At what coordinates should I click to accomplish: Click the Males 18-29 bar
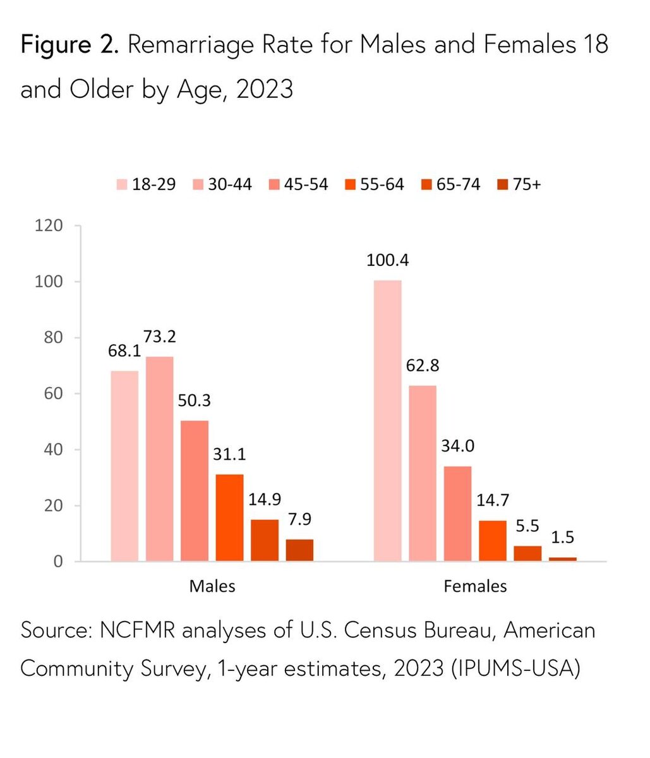click(x=124, y=466)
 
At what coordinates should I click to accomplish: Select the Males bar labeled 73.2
click(x=159, y=459)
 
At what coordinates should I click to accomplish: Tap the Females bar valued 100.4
click(x=387, y=420)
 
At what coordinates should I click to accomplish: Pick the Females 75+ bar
click(x=563, y=559)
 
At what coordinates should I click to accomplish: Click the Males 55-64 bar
click(x=229, y=517)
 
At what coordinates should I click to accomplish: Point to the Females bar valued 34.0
click(x=457, y=513)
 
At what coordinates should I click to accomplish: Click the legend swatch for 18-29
click(x=121, y=184)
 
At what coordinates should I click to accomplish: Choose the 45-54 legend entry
click(x=298, y=184)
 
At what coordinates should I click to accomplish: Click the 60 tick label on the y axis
click(x=54, y=394)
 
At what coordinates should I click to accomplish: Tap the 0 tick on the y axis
click(x=58, y=562)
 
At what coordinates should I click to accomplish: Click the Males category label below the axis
click(x=212, y=586)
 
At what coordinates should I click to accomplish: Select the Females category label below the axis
click(x=475, y=586)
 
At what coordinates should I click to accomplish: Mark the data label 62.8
click(x=423, y=366)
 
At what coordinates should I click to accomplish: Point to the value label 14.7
click(x=493, y=502)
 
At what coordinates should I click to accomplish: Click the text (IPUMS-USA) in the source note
click(x=515, y=668)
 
